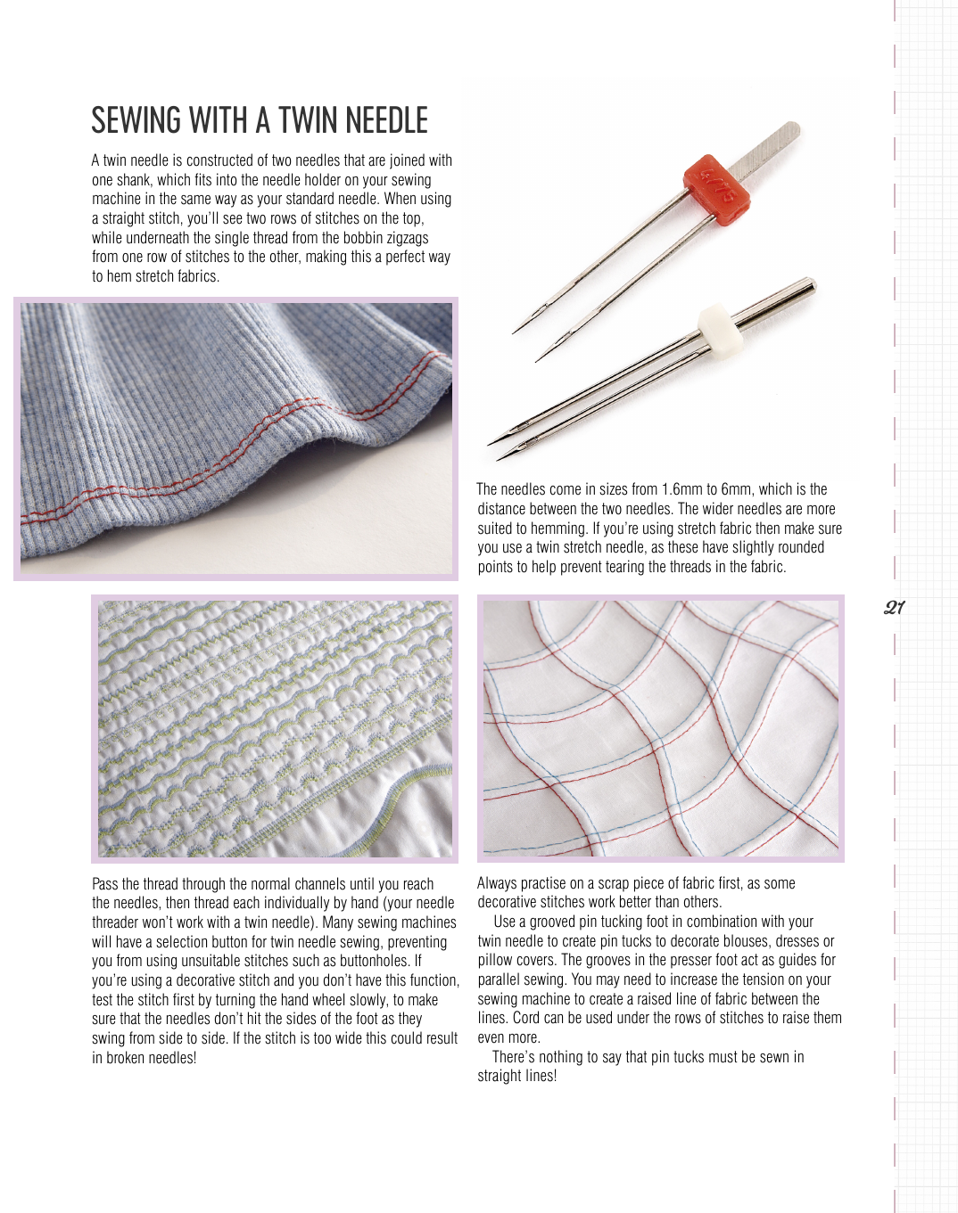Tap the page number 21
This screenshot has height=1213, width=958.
894,608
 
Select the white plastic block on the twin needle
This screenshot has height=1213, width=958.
718,325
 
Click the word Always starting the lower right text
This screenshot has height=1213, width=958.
497,883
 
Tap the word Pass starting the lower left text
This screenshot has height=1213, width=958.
104,884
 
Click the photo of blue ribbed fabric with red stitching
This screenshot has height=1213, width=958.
235,438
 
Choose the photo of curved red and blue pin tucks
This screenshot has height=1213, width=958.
660,728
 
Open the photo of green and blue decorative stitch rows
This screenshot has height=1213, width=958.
275,728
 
